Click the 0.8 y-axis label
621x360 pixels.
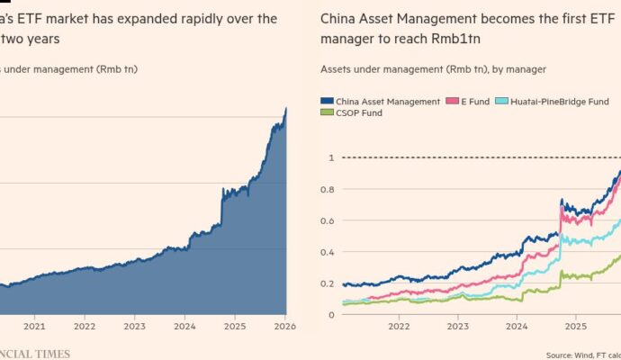328,189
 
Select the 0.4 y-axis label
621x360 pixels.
328,252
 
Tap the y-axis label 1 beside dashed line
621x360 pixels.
330,157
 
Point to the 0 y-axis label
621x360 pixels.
330,314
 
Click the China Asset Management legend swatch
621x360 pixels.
327,101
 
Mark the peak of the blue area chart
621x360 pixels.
286,108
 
